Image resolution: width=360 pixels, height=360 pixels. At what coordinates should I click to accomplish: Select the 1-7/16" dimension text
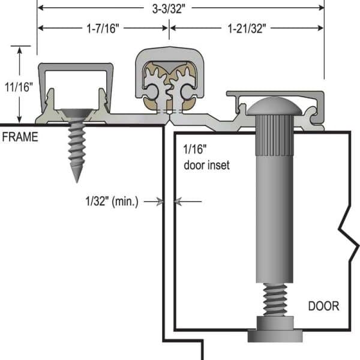(104, 28)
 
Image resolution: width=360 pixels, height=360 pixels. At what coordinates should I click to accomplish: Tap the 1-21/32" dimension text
(247, 28)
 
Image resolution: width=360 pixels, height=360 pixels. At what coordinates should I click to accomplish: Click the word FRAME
(20, 137)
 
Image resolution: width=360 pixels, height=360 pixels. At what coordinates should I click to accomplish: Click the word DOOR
(323, 307)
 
